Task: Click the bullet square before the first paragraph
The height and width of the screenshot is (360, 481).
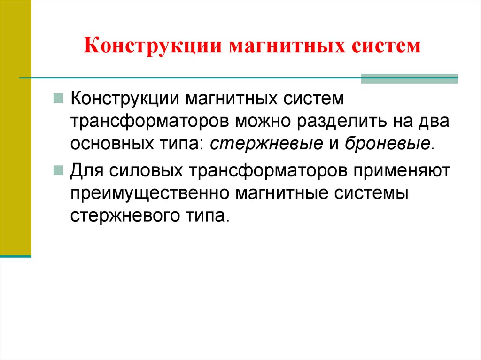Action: (59, 99)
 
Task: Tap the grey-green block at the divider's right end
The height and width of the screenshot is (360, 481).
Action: (409, 78)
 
